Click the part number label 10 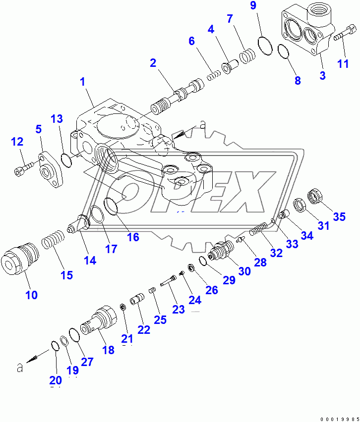(x=31, y=295)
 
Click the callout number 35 (x=339, y=216)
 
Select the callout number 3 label (x=322, y=76)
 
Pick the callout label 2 (x=153, y=63)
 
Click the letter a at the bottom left (x=19, y=368)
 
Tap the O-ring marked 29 (x=202, y=261)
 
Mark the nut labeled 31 (x=299, y=204)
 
